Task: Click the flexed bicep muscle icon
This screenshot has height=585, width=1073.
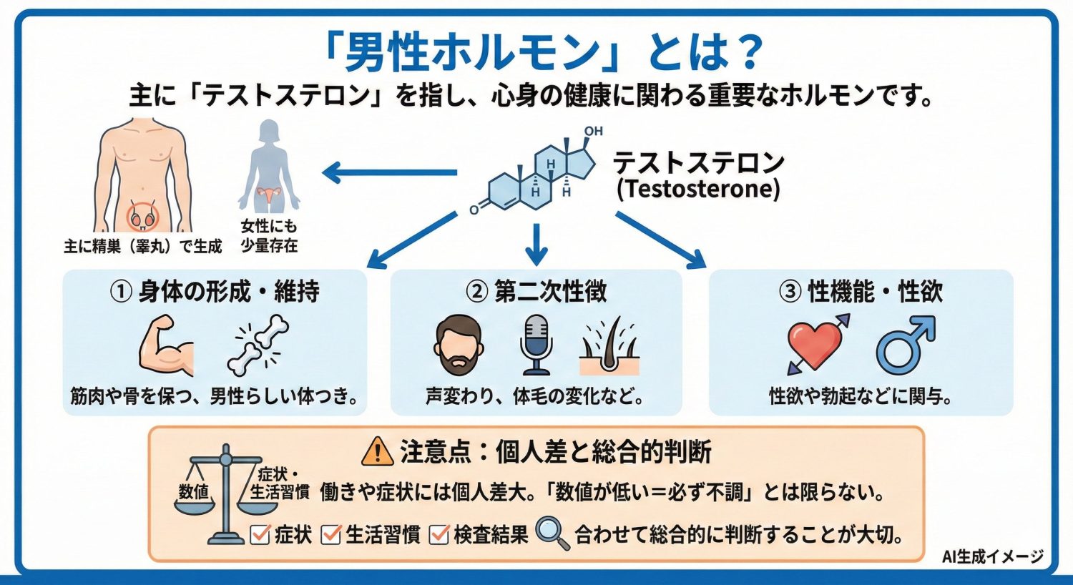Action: coord(166,345)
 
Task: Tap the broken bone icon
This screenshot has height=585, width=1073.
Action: coord(258,345)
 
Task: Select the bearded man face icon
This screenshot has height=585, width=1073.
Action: coord(458,345)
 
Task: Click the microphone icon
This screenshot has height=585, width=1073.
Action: coord(536,345)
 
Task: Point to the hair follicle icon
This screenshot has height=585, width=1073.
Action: coord(608,347)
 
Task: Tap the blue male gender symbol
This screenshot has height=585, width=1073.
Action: coord(905,345)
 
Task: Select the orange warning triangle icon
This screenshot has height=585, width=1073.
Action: coord(378,452)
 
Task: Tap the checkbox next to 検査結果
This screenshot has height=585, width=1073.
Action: coord(438,534)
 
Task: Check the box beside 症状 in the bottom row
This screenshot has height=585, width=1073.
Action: coord(260,534)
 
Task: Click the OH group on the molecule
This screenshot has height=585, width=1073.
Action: coord(593,132)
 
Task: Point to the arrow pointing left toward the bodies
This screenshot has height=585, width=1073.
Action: coord(390,172)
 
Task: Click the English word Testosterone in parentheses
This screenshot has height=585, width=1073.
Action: coord(698,190)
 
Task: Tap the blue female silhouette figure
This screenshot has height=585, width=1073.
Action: coord(269,166)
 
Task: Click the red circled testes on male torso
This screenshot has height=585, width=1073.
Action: coord(142,217)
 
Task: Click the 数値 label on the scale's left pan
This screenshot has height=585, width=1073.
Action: coord(193,491)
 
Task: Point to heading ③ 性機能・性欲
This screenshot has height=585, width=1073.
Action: coord(861,292)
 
